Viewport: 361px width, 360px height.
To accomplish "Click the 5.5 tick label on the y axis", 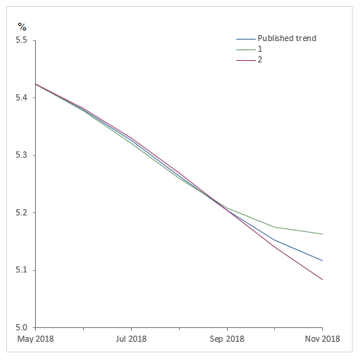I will click(21, 40).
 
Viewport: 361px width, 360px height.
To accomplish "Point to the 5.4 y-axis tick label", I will click(21, 98).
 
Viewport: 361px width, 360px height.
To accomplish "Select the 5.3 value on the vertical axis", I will click(21, 155).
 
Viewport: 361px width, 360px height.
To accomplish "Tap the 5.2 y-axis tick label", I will click(21, 213).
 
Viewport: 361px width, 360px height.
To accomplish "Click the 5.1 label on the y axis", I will click(21, 270).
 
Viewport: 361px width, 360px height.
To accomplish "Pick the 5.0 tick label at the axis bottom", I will click(21, 328).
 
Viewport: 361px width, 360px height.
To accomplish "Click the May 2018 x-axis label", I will click(36, 339).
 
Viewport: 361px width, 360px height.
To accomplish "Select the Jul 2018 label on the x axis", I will click(131, 339).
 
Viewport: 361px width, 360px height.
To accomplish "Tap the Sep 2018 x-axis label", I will click(227, 339).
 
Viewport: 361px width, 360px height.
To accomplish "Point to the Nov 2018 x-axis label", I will click(322, 339).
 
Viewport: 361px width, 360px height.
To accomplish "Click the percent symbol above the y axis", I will click(21, 27).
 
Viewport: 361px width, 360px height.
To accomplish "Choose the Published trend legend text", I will click(286, 38).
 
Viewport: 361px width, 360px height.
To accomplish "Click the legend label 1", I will click(260, 49).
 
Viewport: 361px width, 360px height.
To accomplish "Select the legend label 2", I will click(260, 59).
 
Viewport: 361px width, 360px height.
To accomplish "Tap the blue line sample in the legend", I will click(245, 38).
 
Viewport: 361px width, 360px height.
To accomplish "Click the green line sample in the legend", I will click(245, 49).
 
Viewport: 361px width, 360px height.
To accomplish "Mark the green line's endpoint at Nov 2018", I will click(322, 234).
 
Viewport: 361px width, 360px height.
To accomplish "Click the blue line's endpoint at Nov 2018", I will click(322, 260).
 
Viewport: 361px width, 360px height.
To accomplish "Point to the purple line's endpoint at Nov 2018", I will click(322, 279).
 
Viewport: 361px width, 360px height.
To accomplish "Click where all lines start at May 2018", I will click(36, 84).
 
